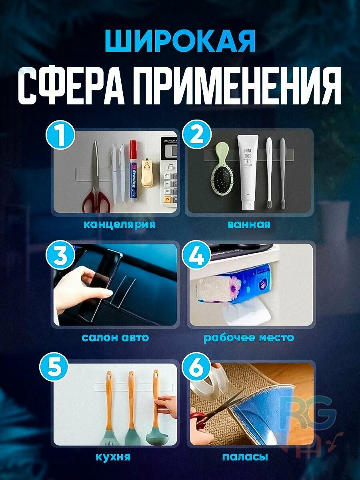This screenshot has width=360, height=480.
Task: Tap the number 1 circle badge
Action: click(x=61, y=136)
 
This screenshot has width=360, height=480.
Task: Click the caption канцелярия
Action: click(x=119, y=224)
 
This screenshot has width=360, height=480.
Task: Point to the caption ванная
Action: click(x=248, y=224)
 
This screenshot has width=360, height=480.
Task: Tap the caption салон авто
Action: click(x=115, y=337)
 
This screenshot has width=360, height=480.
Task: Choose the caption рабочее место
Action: click(x=248, y=337)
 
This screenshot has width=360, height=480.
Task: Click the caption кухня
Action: click(x=113, y=456)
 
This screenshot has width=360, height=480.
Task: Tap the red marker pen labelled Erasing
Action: click(x=133, y=172)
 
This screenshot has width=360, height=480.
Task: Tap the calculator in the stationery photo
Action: click(x=168, y=172)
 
